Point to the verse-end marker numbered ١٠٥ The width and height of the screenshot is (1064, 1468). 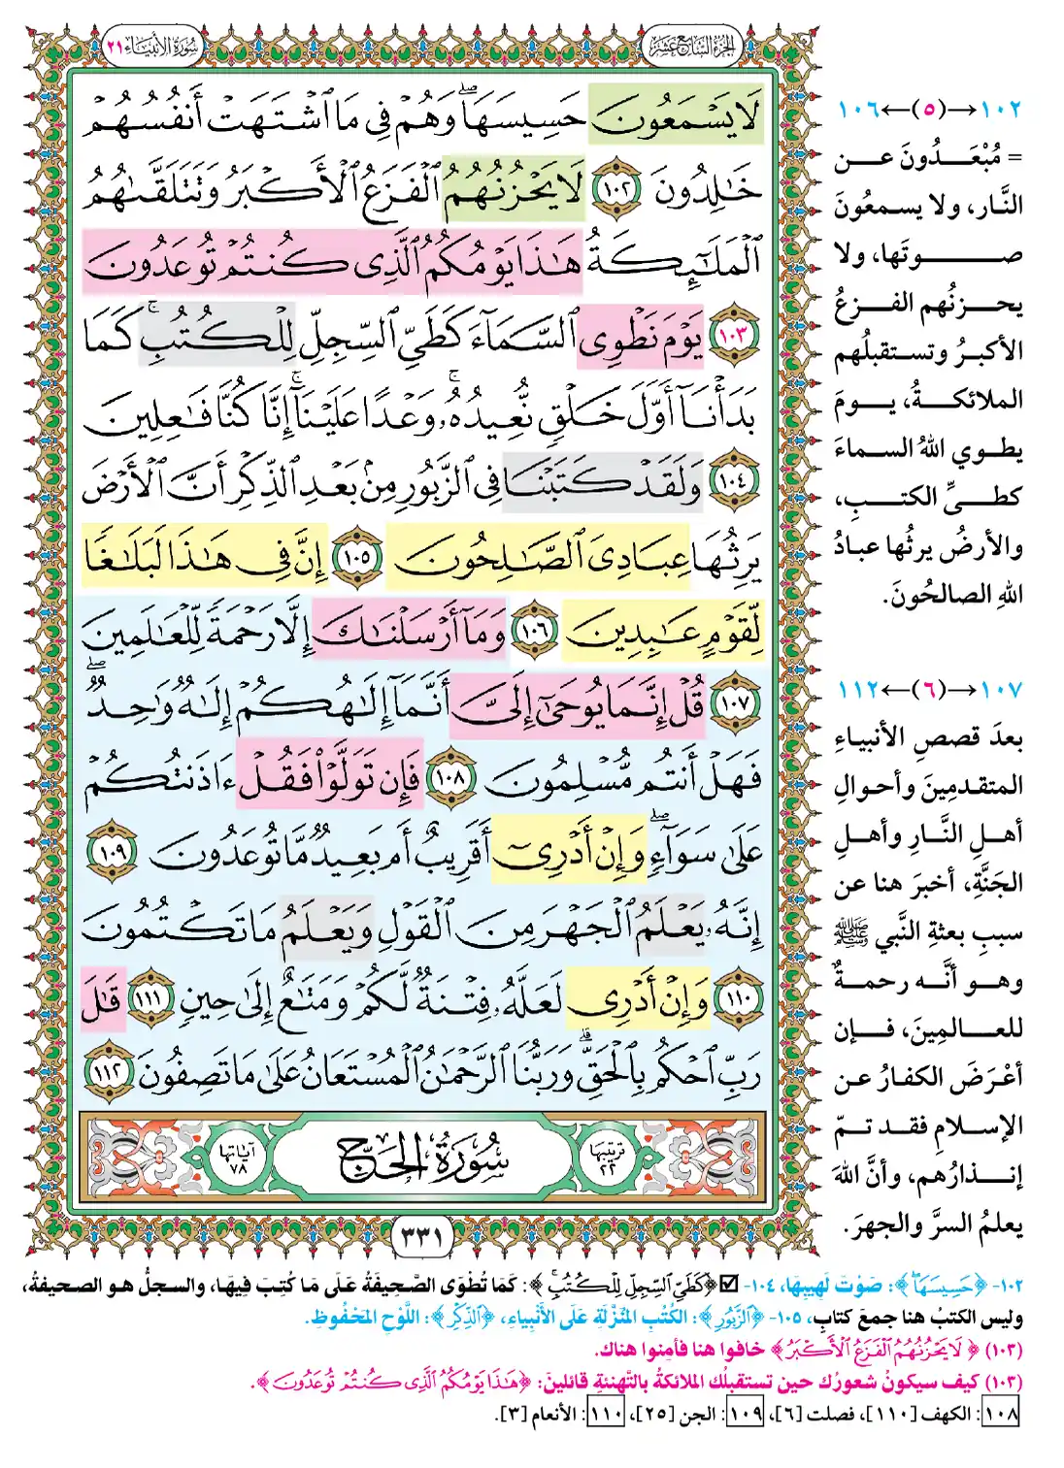point(356,558)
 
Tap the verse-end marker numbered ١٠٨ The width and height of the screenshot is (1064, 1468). point(449,777)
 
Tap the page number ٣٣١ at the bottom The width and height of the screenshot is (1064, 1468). point(421,1237)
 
